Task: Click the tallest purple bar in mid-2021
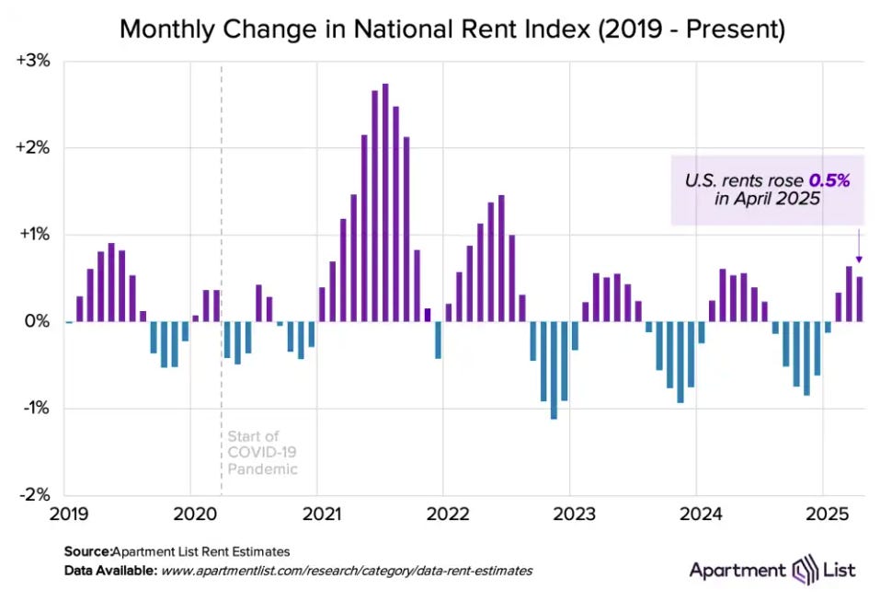click(x=385, y=202)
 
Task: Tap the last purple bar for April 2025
click(x=860, y=299)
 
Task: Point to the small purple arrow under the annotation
click(x=860, y=247)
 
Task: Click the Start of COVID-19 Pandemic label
click(x=262, y=452)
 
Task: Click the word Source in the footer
click(x=86, y=552)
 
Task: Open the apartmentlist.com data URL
click(x=347, y=571)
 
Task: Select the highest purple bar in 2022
click(x=501, y=259)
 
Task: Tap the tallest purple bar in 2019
click(x=111, y=283)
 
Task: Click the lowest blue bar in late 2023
click(x=680, y=363)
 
